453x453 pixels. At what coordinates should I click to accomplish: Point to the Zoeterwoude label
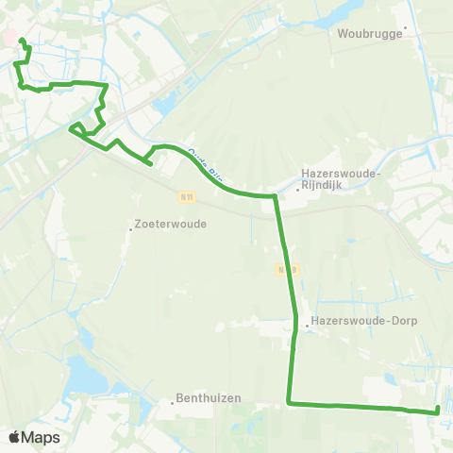coord(171,225)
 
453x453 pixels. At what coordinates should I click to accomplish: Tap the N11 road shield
coord(186,196)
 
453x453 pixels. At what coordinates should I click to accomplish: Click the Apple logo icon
coord(15,437)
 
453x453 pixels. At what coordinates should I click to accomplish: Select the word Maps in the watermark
coord(41,437)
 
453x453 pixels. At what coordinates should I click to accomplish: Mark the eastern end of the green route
coord(438,410)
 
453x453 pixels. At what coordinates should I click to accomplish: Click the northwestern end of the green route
coord(20,40)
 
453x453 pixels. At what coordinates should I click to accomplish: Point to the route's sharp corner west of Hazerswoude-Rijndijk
coord(275,196)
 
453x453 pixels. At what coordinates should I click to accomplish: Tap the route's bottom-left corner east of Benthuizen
coord(289,403)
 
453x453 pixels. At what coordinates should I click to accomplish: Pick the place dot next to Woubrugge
coord(405,27)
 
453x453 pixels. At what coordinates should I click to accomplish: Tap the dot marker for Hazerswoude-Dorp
coord(307,328)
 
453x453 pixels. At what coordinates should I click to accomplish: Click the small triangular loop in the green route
coord(76,128)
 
